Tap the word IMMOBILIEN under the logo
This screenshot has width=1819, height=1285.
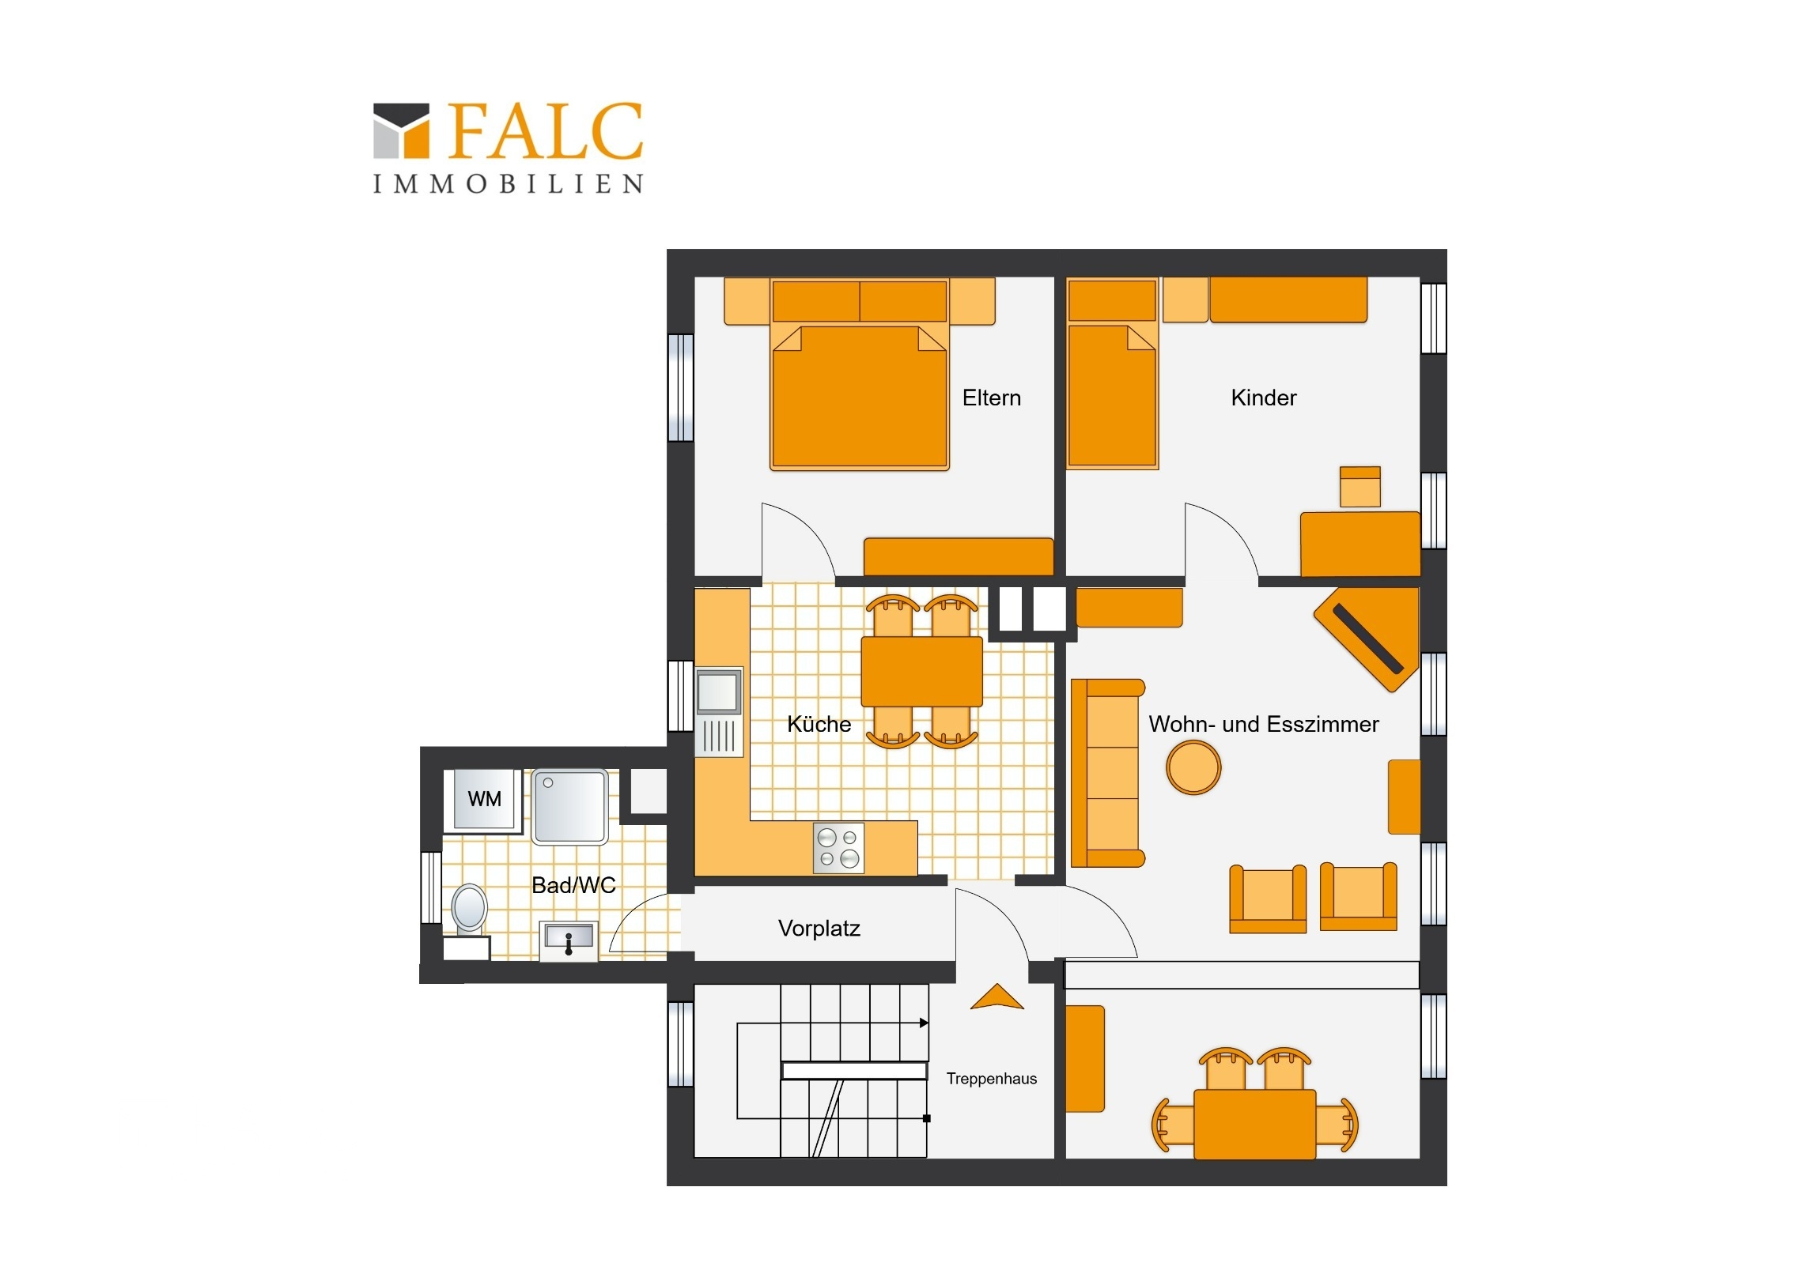(x=508, y=183)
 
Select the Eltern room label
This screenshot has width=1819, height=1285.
(x=991, y=398)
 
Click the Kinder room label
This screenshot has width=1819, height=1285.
(x=1264, y=398)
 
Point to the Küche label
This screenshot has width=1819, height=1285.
(x=819, y=724)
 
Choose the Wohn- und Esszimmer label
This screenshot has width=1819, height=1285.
(x=1264, y=724)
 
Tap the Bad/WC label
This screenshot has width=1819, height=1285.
(x=573, y=885)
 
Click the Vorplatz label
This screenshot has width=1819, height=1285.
(x=819, y=928)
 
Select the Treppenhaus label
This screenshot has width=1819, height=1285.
(x=991, y=1079)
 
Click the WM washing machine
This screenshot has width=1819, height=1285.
(x=483, y=800)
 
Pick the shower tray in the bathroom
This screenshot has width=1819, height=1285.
(x=570, y=806)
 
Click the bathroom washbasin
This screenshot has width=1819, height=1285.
(x=569, y=940)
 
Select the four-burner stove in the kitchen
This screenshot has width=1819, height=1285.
(x=838, y=848)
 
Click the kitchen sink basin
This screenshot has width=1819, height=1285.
(x=719, y=691)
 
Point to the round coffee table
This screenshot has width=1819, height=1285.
(x=1193, y=767)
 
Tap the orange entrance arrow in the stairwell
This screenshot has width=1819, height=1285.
(x=996, y=997)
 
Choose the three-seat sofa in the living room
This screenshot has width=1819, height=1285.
(x=1107, y=773)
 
